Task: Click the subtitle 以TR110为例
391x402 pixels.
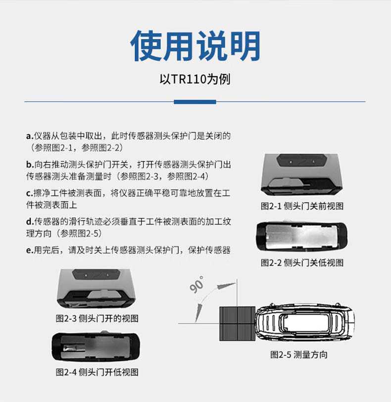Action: (195, 79)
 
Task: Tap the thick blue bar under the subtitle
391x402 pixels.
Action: (195, 102)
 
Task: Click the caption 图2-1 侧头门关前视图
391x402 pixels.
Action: (302, 206)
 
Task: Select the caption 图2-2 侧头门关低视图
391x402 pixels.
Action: (302, 262)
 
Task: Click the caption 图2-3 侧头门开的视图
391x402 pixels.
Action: (97, 318)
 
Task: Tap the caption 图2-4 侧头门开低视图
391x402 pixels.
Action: (97, 372)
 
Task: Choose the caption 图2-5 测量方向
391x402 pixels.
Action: (298, 354)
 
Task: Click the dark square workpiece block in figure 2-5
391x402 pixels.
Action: (237, 322)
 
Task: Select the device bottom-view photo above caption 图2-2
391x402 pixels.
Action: (301, 237)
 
